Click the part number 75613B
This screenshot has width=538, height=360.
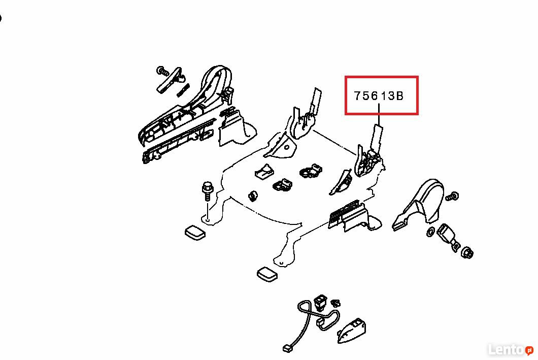[379, 96]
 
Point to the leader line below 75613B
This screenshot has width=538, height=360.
[379, 114]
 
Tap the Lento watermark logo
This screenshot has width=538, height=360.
[511, 350]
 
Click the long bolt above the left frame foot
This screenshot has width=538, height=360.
[207, 192]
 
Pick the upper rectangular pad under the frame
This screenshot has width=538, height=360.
[195, 233]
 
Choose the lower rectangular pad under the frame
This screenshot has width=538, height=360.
[267, 275]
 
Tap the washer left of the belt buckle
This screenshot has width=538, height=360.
[430, 232]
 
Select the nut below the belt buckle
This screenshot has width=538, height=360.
[467, 253]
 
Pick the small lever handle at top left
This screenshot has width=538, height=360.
[171, 80]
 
